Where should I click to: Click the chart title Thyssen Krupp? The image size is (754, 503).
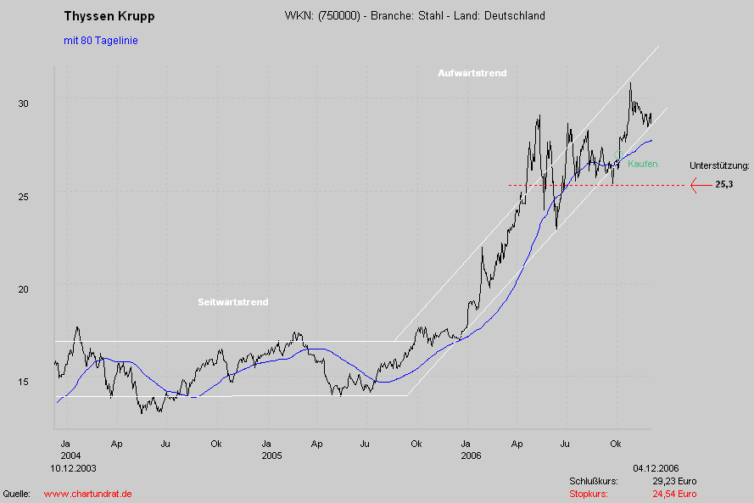109,16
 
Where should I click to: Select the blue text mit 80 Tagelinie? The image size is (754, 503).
100,41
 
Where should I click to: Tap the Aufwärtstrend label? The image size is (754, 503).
472,73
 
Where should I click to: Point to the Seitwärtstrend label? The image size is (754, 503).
233,302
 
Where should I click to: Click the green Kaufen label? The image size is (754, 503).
643,164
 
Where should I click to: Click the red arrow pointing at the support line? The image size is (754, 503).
700,185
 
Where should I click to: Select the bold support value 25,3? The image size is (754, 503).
723,185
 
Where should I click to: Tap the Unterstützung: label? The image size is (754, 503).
719,165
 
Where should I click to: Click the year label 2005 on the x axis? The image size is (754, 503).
271,455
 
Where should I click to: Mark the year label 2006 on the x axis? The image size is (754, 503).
471,455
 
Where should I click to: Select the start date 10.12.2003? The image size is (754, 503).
73,468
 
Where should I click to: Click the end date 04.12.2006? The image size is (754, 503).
656,468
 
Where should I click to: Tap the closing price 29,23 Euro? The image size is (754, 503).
674,481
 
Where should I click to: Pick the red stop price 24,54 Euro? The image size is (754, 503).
674,494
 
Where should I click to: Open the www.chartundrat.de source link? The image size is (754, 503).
87,494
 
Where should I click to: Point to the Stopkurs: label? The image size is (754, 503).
589,494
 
